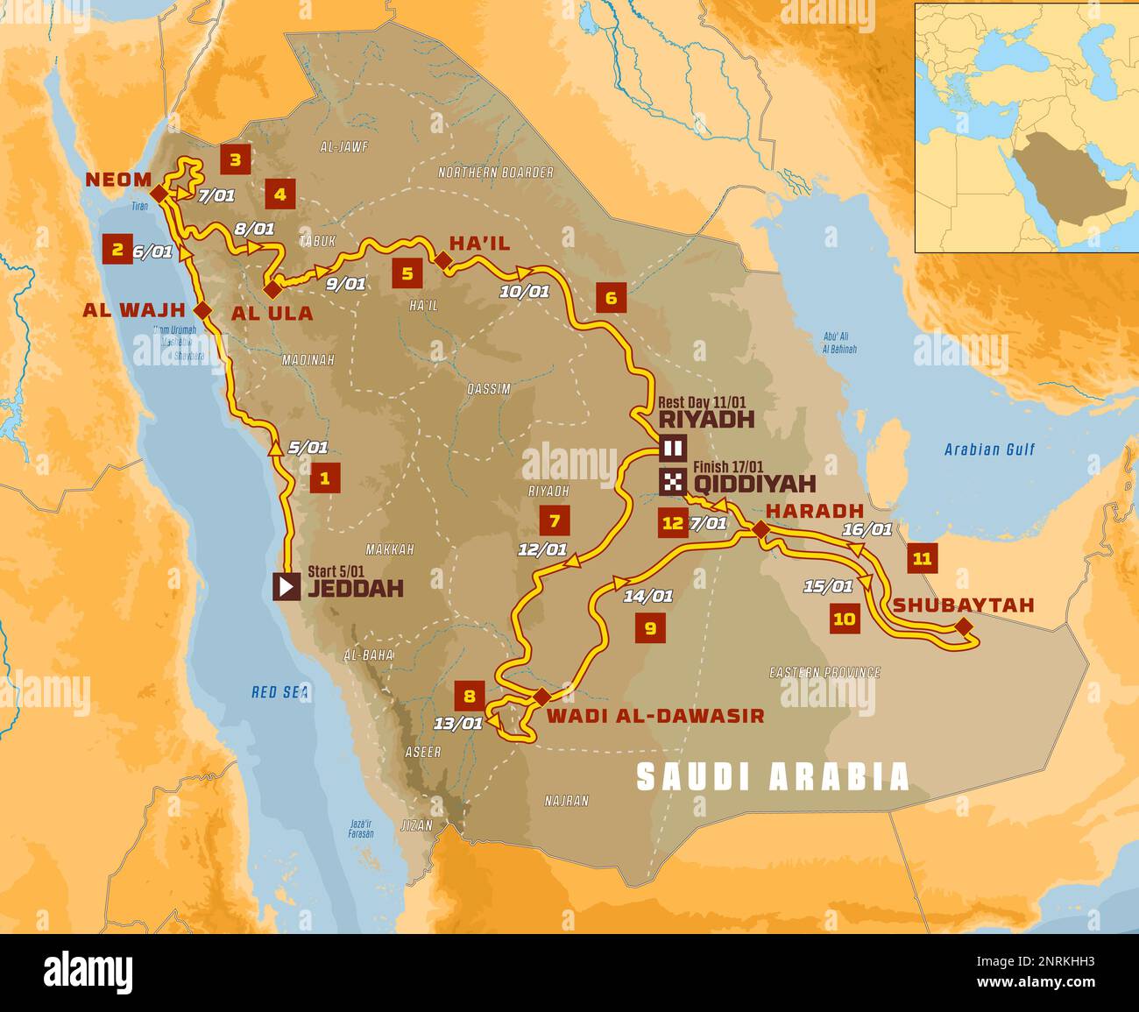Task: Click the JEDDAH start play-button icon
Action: (x=287, y=586)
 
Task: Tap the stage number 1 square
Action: (x=325, y=478)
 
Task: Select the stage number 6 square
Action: (x=611, y=298)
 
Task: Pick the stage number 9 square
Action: (x=649, y=628)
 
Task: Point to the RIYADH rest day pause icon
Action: (x=673, y=449)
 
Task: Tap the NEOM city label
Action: (x=117, y=180)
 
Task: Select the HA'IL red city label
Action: (x=479, y=242)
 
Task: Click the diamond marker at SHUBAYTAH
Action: (x=964, y=626)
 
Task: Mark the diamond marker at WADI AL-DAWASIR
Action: (x=541, y=697)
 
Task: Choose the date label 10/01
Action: (x=524, y=292)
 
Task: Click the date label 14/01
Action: (x=648, y=597)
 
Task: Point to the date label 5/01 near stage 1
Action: (x=308, y=448)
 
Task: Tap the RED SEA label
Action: (x=280, y=692)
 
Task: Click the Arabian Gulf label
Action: (x=989, y=449)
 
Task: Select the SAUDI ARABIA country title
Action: (x=772, y=776)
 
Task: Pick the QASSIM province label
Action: (x=489, y=389)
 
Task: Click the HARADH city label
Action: (x=814, y=510)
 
